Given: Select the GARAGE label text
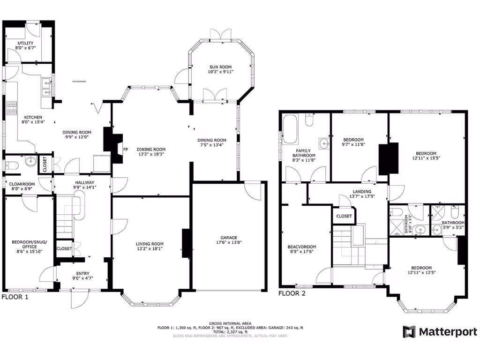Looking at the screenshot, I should pos(229,237).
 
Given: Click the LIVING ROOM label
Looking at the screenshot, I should pos(150,243).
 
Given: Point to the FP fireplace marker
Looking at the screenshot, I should pos(125,150).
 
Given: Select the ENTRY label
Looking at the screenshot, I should pos(82,274).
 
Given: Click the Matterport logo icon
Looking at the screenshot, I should pos(409,332).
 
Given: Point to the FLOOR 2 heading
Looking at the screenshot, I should pos(292,294).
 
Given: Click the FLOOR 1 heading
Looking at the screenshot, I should pos(15,297).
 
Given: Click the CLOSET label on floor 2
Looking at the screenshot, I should pos(344,216).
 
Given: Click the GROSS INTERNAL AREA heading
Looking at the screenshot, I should pos(230,323).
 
